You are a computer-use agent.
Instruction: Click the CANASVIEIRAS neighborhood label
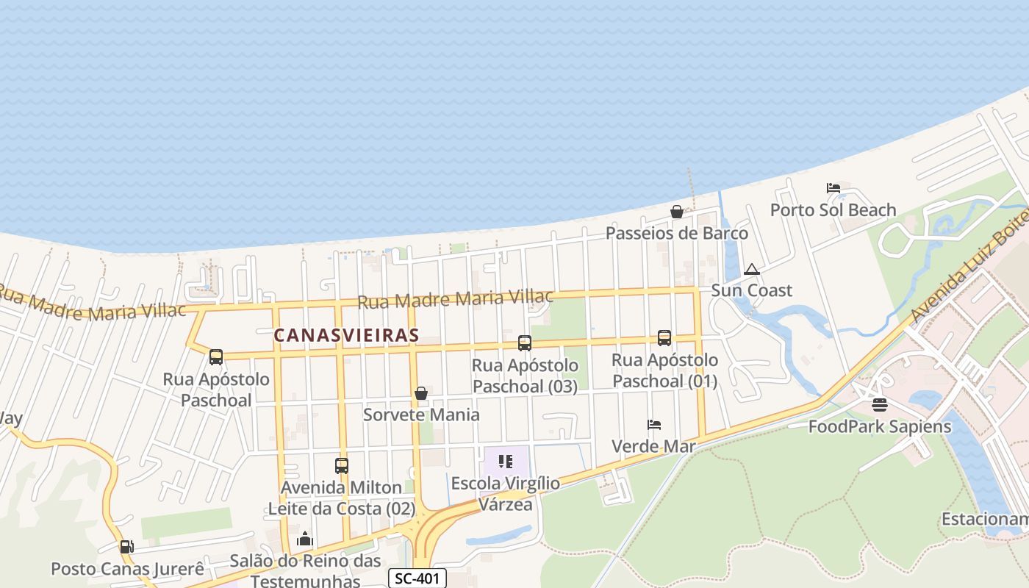point(346,335)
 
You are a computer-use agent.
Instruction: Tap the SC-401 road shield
point(417,578)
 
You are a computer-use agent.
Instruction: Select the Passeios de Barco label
point(677,233)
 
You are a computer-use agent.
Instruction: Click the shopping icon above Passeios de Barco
point(677,212)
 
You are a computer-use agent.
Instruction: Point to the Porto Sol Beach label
point(833,210)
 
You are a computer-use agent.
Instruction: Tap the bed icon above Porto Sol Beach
point(833,188)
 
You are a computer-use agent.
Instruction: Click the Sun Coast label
point(751,290)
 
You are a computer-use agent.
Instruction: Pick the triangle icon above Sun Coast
point(751,269)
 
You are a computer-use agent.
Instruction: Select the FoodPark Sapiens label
point(879,426)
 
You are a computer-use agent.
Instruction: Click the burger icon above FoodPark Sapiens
point(880,405)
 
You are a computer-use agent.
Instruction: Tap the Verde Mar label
point(653,446)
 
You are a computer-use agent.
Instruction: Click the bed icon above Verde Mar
point(654,425)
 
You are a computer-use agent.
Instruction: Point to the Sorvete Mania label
point(421,415)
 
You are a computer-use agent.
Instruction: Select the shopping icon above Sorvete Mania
point(421,393)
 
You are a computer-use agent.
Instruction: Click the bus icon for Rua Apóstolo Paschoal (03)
point(525,343)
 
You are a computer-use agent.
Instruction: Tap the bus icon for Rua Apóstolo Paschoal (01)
point(664,338)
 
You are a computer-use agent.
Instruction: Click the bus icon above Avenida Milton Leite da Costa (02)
point(342,465)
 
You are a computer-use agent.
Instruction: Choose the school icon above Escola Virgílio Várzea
point(506,462)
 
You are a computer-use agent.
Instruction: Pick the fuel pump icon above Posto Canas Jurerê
point(126,547)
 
